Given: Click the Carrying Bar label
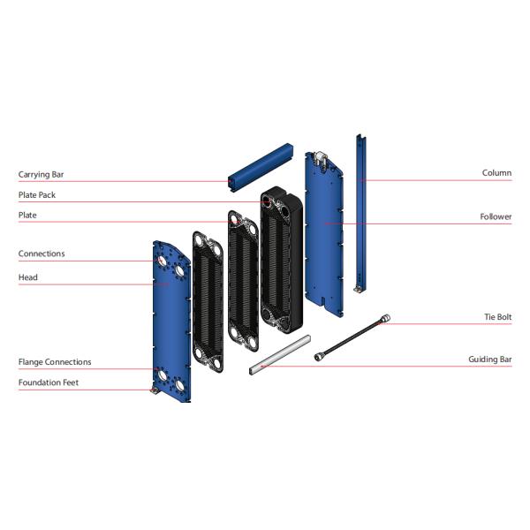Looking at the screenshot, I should [42, 175].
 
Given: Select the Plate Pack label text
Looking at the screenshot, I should [37, 195].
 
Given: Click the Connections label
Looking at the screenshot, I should [42, 254].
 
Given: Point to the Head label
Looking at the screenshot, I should [28, 277].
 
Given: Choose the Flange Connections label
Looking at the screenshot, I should [55, 362].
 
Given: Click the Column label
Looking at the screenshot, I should [496, 173].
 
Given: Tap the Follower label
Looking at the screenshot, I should [496, 216].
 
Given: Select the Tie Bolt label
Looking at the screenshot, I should [497, 317].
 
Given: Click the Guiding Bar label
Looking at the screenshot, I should [489, 360].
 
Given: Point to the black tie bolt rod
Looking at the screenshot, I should [353, 337].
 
